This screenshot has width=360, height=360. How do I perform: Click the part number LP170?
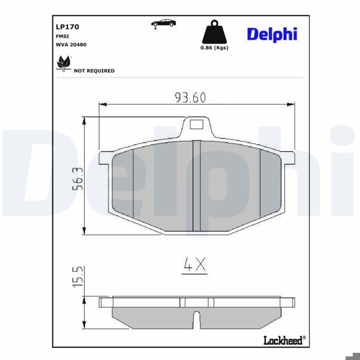(67, 27)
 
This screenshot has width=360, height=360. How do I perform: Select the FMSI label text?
(61, 36)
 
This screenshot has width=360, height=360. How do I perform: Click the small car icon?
(163, 23)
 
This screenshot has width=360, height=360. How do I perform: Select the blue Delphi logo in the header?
(271, 34)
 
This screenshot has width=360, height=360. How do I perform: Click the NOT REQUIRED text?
(94, 71)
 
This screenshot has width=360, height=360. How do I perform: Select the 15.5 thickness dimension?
(77, 277)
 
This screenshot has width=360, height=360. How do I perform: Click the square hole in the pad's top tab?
(197, 125)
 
